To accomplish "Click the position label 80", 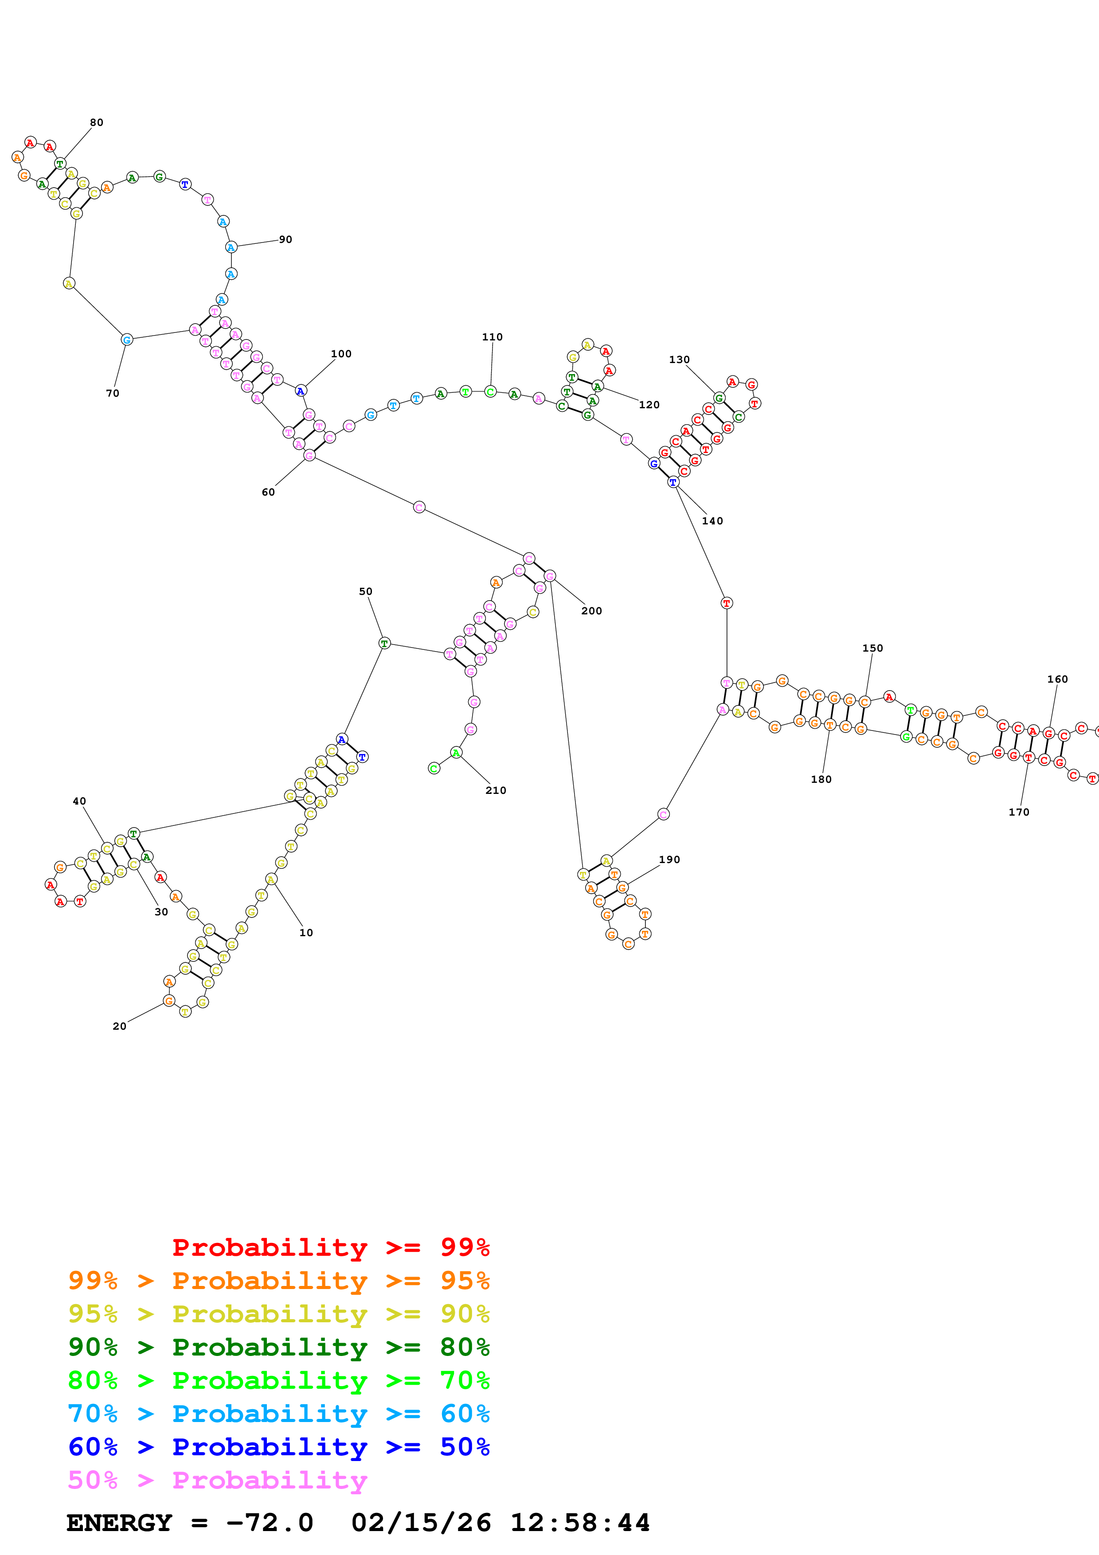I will [x=97, y=123].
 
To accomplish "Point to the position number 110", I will [x=492, y=336].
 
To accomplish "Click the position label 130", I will [x=679, y=359].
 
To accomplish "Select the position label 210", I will [x=496, y=790].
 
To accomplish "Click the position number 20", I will [x=119, y=1026].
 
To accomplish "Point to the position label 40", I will [x=79, y=801].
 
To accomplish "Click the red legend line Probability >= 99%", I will [x=330, y=1247].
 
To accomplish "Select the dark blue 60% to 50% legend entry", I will [x=278, y=1447].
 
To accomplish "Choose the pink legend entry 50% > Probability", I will [x=217, y=1481].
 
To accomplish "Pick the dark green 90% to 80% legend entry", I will [x=278, y=1347].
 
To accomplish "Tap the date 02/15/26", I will [x=421, y=1523].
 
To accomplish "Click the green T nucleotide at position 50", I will [x=384, y=643].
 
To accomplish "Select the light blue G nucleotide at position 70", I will [x=127, y=339].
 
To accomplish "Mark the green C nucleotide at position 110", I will [x=490, y=391].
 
